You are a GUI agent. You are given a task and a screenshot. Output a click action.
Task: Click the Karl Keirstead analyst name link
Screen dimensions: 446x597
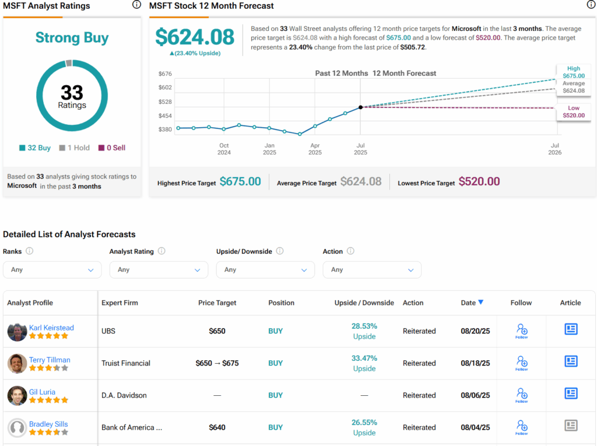click(51, 328)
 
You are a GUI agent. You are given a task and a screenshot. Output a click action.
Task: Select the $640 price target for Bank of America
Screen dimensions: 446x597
click(217, 427)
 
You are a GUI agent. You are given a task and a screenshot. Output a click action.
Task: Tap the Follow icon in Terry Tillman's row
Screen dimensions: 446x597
click(521, 363)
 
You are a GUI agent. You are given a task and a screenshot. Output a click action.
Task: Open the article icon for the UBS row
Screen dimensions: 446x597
click(571, 329)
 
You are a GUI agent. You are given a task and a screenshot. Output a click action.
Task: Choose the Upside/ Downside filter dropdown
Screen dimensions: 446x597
click(265, 270)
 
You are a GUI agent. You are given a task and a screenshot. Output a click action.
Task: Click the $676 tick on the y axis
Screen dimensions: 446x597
click(165, 73)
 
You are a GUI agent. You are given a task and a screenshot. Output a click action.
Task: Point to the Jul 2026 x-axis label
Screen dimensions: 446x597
click(555, 149)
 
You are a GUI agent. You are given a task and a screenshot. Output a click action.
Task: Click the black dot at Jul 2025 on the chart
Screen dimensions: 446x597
click(361, 107)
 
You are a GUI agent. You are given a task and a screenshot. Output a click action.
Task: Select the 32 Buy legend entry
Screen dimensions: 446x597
click(35, 148)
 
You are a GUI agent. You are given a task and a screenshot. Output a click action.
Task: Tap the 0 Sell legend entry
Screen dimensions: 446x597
click(112, 148)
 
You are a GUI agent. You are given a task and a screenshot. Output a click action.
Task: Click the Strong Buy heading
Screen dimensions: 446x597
click(72, 38)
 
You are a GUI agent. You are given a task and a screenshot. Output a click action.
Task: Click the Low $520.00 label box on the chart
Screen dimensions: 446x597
click(574, 112)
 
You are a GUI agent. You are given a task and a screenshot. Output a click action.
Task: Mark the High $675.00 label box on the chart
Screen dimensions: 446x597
click(574, 72)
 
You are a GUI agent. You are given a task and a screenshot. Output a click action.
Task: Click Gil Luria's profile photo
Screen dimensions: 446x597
click(17, 395)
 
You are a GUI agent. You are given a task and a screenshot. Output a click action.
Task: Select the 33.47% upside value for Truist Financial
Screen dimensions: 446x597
click(364, 358)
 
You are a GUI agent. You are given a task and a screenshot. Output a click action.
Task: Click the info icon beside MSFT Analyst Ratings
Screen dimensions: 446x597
click(136, 5)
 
